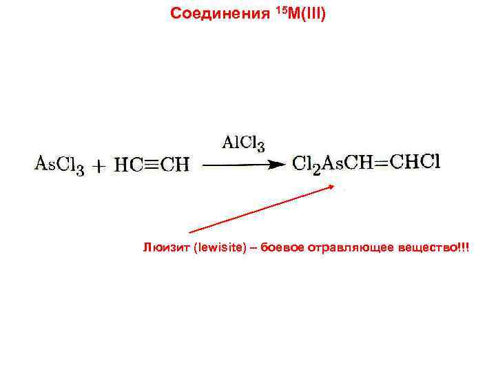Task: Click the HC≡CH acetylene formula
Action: pyautogui.click(x=152, y=165)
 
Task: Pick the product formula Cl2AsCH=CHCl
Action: pyautogui.click(x=366, y=163)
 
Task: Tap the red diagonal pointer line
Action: pyautogui.click(x=262, y=209)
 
